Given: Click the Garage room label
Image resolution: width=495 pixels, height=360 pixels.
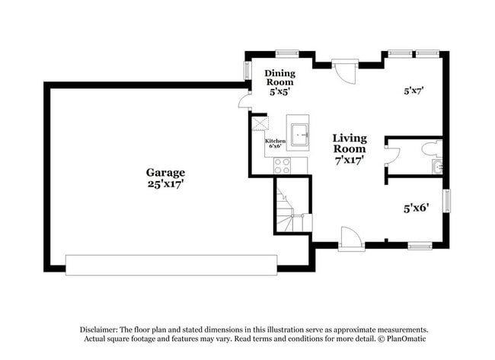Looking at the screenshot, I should pyautogui.click(x=165, y=173).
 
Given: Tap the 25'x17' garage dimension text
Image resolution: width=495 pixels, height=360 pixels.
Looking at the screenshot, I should pyautogui.click(x=165, y=183).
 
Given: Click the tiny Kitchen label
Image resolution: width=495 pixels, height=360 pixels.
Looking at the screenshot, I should pyautogui.click(x=274, y=142).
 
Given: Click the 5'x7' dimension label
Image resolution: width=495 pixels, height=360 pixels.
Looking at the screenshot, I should pyautogui.click(x=414, y=91).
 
